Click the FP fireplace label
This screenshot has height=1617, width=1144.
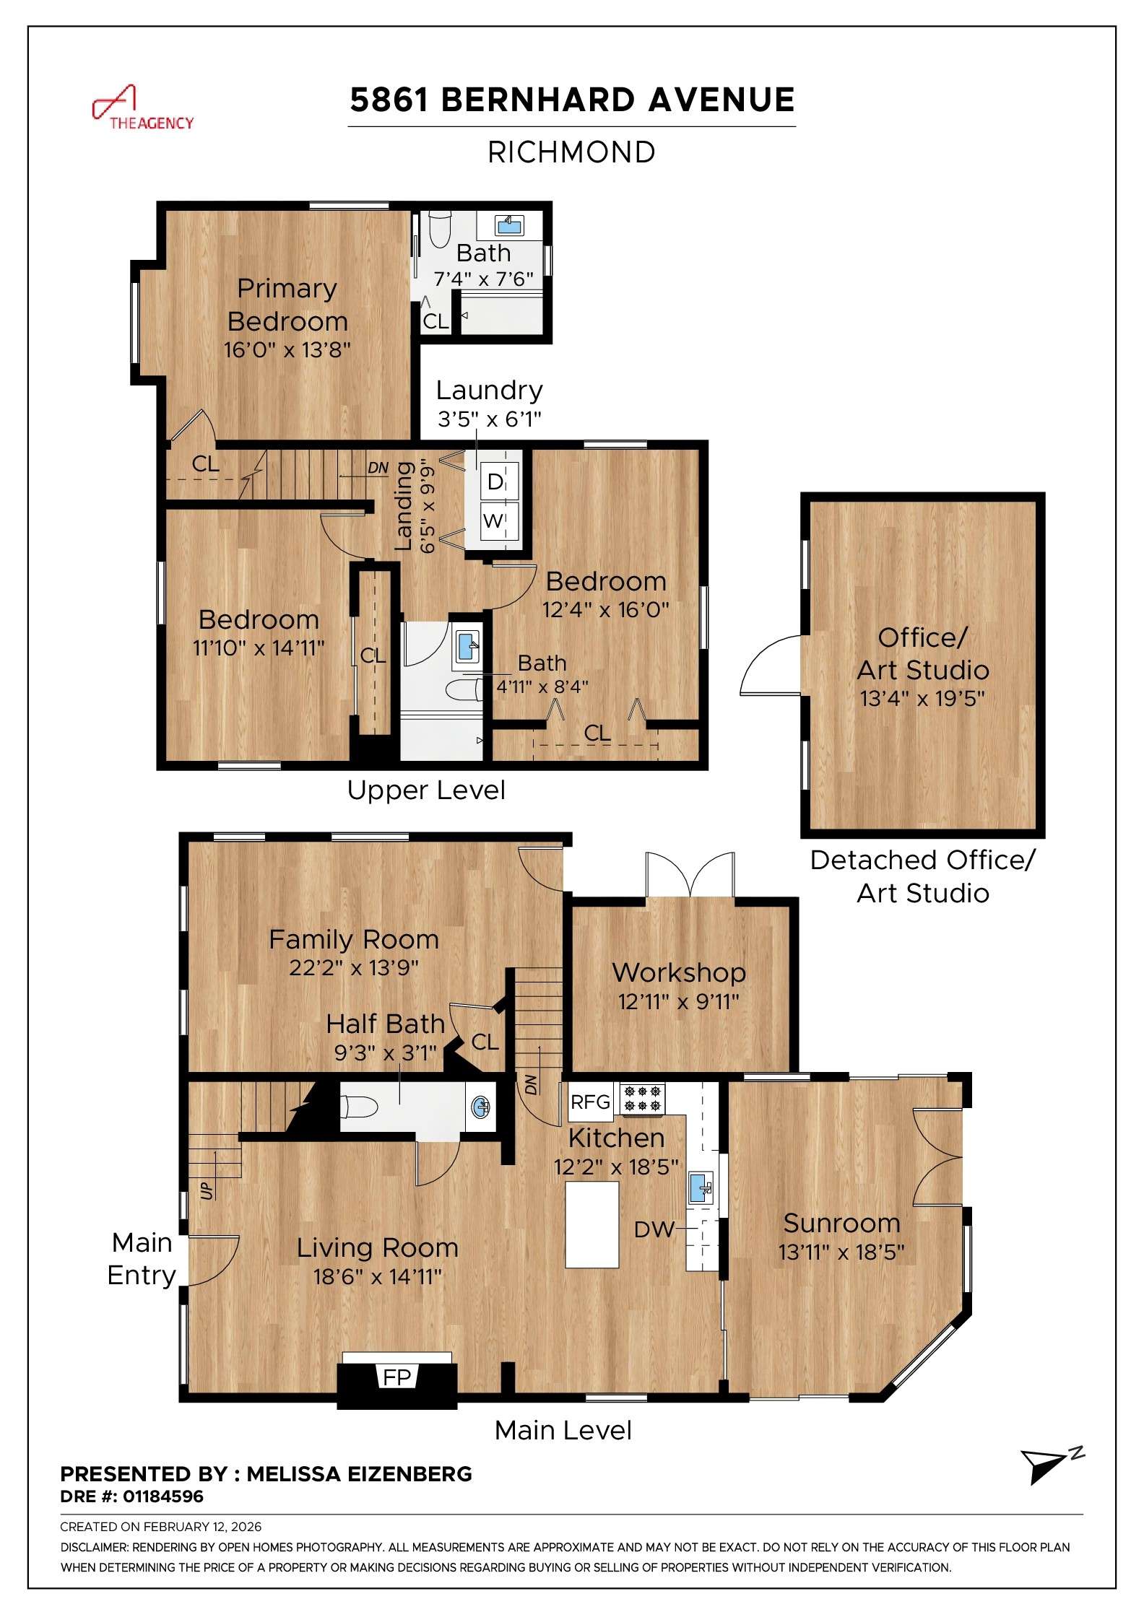pos(396,1377)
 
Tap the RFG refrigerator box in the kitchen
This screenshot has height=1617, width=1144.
pos(590,1102)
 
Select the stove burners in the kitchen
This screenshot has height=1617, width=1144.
pos(642,1098)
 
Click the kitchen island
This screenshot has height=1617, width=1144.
pos(591,1224)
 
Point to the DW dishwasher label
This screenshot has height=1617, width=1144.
pos(654,1230)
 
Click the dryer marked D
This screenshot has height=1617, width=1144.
pos(495,481)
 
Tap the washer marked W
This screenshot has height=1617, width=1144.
pos(494,520)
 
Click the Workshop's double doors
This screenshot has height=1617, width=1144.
pos(690,876)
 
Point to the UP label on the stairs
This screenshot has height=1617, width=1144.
pos(207,1190)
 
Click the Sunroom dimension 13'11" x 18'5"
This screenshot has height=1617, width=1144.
pos(841,1252)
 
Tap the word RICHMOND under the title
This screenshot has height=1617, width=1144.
pos(571,152)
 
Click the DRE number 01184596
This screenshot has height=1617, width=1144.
pos(162,1496)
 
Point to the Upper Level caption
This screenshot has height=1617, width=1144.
pos(426,790)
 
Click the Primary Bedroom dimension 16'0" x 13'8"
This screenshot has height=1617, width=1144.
pos(287,350)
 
